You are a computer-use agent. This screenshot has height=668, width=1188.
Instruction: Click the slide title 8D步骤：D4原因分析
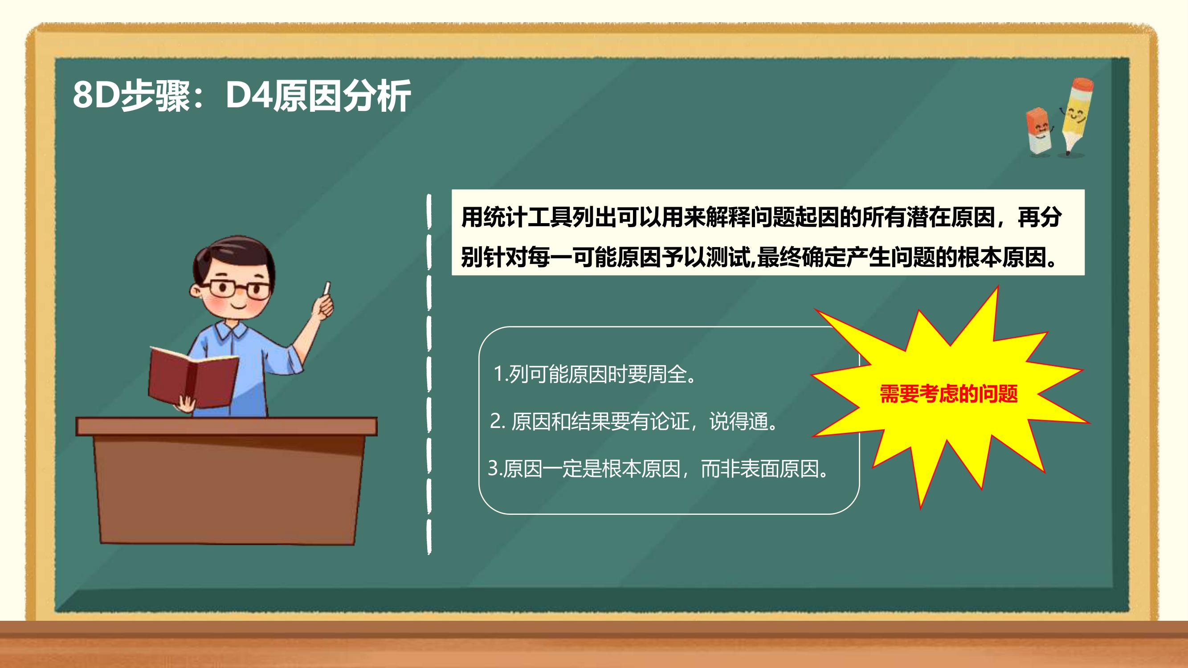point(242,95)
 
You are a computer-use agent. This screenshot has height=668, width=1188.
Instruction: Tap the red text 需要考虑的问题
point(949,394)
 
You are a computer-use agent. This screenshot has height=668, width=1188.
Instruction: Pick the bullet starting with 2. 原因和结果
point(634,421)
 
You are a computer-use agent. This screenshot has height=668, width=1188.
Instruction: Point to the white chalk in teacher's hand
point(327,289)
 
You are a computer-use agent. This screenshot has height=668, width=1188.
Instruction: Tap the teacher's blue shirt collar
point(233,330)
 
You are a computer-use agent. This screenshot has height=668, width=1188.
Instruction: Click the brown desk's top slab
point(226,427)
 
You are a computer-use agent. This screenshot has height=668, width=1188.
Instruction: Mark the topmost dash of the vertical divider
point(429,211)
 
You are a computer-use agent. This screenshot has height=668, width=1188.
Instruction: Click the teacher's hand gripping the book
point(187,404)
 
